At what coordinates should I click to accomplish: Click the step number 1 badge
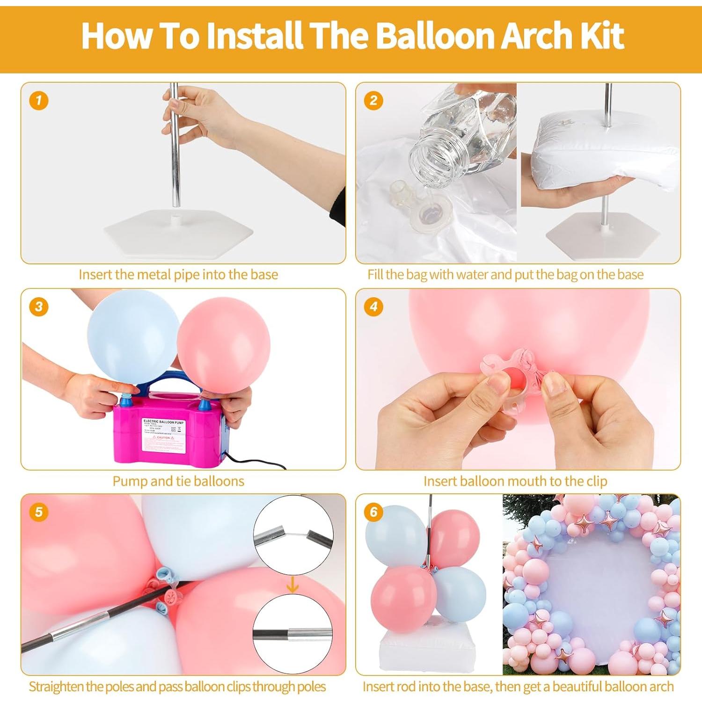(x=38, y=101)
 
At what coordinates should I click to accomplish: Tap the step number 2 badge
(x=373, y=101)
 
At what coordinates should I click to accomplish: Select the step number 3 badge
(x=38, y=307)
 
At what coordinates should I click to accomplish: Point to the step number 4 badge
(x=373, y=307)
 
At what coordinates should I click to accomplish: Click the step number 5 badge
(x=38, y=512)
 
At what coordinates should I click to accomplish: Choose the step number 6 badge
(x=373, y=512)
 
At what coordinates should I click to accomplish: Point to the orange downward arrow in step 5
(x=292, y=584)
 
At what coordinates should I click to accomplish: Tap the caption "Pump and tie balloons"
(x=178, y=481)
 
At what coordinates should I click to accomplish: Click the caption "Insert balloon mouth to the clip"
(x=515, y=481)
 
